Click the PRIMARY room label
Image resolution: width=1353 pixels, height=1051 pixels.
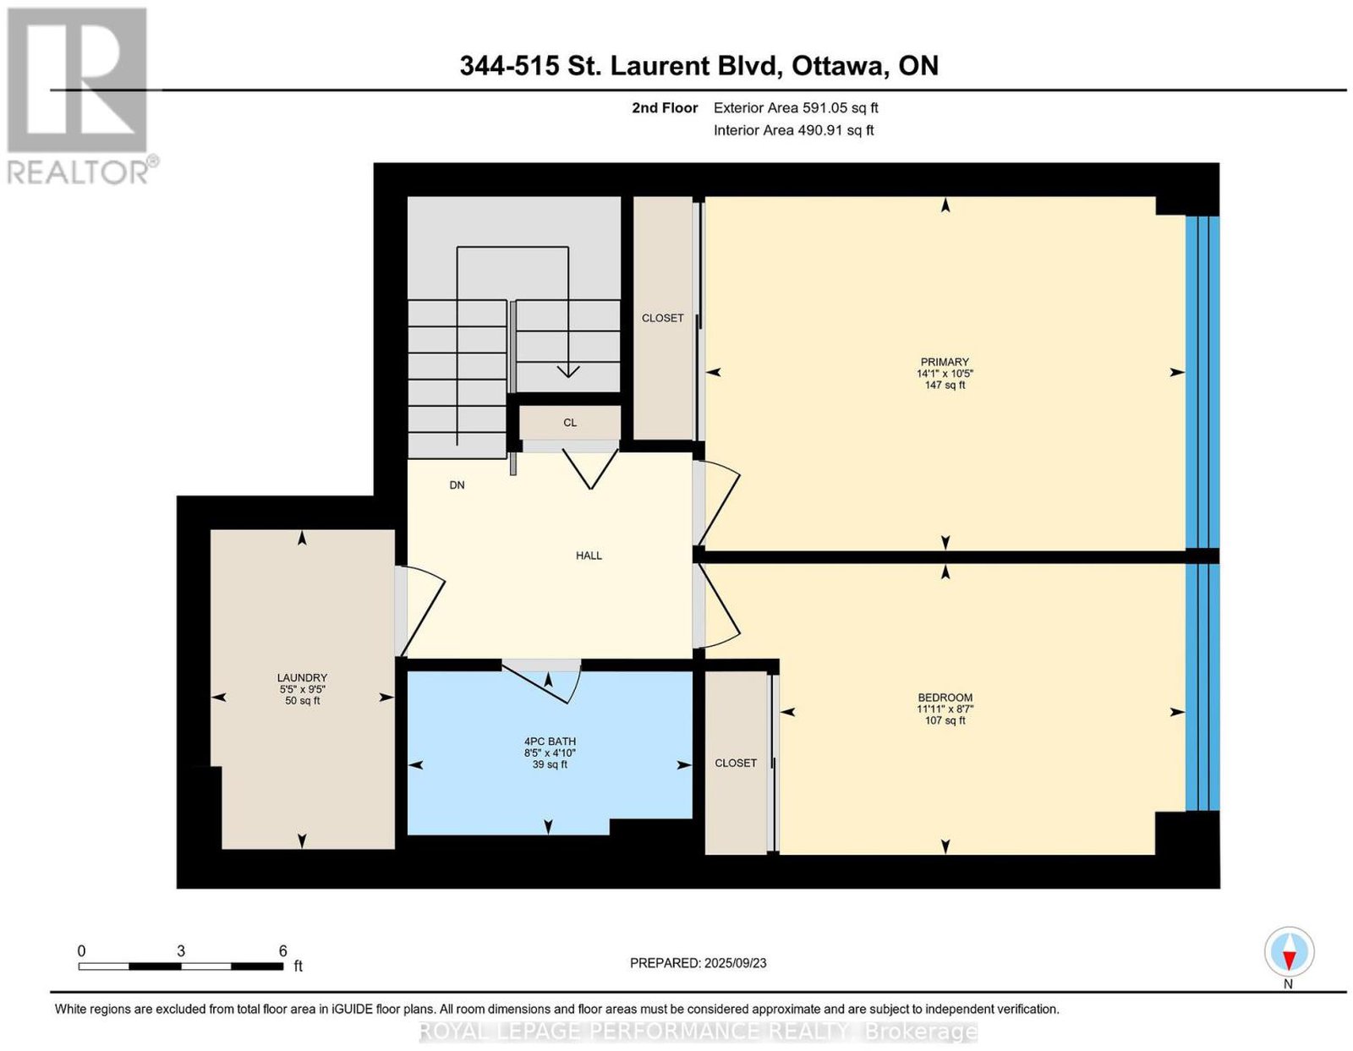(x=945, y=362)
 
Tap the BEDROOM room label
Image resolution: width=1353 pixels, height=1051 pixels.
(x=945, y=698)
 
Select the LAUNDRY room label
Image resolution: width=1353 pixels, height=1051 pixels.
(x=302, y=677)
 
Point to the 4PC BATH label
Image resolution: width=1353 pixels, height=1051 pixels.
(x=550, y=742)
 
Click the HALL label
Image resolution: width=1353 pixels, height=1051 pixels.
(x=589, y=556)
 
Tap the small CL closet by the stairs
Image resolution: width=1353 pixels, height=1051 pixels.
(x=570, y=423)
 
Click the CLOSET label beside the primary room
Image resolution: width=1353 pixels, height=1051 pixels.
(x=662, y=318)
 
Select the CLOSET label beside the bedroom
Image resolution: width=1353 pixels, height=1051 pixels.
(x=736, y=763)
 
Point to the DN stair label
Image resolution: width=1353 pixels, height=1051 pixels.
(x=457, y=484)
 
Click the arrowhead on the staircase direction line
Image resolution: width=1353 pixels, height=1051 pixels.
(x=568, y=371)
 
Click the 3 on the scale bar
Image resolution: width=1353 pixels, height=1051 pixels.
(x=181, y=951)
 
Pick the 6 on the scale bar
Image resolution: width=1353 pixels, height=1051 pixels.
(x=282, y=951)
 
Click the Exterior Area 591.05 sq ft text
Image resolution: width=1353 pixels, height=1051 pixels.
(x=796, y=107)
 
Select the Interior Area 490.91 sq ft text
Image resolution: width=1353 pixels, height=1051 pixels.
(x=794, y=130)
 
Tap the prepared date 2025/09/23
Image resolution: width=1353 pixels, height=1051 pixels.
(x=736, y=962)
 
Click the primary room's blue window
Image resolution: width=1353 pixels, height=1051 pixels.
(x=1202, y=383)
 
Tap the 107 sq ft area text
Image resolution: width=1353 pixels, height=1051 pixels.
(x=945, y=720)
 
